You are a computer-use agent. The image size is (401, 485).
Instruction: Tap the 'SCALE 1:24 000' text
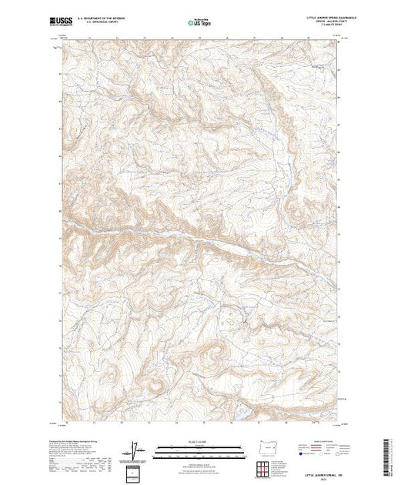coord(200,441)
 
